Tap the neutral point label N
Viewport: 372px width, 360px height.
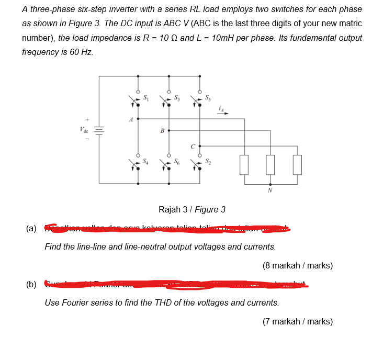coord(270,190)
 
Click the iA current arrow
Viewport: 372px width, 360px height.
coord(223,110)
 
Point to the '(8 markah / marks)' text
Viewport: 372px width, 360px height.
coord(297,265)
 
